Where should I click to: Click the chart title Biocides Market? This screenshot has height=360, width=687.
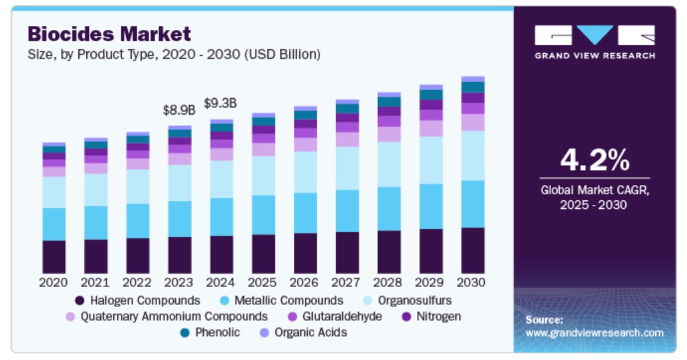109,33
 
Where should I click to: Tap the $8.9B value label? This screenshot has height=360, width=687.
179,110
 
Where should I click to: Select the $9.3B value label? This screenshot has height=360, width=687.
220,103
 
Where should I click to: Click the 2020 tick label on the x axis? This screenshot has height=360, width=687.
54,282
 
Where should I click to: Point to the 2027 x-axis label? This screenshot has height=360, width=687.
347,282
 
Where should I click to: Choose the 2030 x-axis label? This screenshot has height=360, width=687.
472,282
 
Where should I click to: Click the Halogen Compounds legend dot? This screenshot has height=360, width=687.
80,300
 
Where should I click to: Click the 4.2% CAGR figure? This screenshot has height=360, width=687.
594,160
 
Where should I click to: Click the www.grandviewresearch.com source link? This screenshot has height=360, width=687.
594,332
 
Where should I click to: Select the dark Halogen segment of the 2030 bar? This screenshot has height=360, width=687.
472,251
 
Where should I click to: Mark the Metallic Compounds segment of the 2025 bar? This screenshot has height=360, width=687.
263,215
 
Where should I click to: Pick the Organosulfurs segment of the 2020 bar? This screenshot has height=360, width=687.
54,192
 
